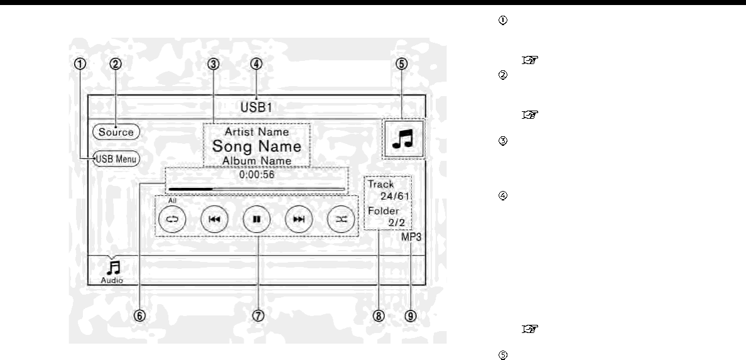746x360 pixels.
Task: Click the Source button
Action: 116,132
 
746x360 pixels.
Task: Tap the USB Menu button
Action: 116,159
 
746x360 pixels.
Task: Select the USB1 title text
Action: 257,107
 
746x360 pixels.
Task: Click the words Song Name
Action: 256,146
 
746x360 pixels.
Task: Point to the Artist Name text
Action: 256,132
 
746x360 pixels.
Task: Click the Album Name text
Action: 256,161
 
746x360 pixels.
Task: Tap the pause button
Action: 257,220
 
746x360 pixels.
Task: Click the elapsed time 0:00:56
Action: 257,175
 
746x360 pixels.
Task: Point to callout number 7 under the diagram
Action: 257,316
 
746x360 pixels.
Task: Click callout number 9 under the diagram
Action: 410,316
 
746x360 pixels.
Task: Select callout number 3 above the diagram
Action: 214,63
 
